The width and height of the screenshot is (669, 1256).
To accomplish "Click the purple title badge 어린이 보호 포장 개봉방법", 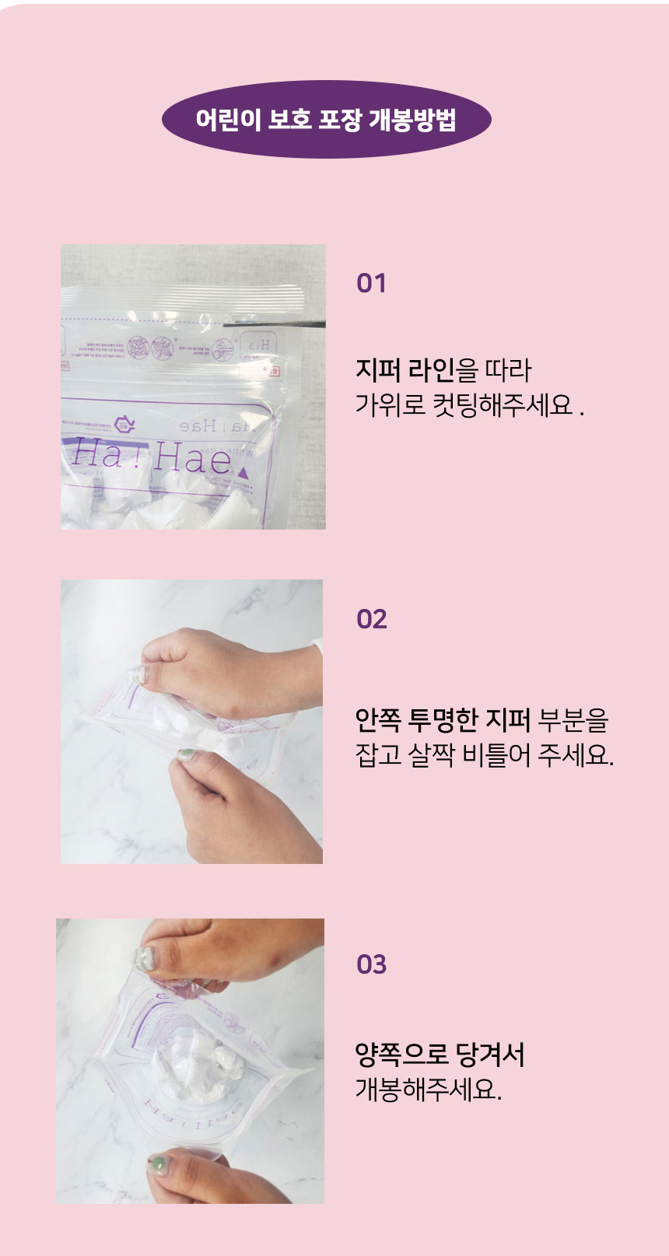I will coord(326,120).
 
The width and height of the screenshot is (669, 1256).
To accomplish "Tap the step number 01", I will coord(371,283).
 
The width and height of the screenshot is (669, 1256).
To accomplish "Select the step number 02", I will coord(371,619).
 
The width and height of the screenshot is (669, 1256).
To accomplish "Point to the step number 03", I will coord(371,964).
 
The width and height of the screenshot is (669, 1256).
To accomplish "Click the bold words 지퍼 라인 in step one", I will coord(404,370).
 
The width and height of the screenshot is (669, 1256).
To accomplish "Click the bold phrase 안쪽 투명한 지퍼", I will coord(442,720).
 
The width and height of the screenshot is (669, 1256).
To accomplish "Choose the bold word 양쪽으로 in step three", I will coord(401,1055).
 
